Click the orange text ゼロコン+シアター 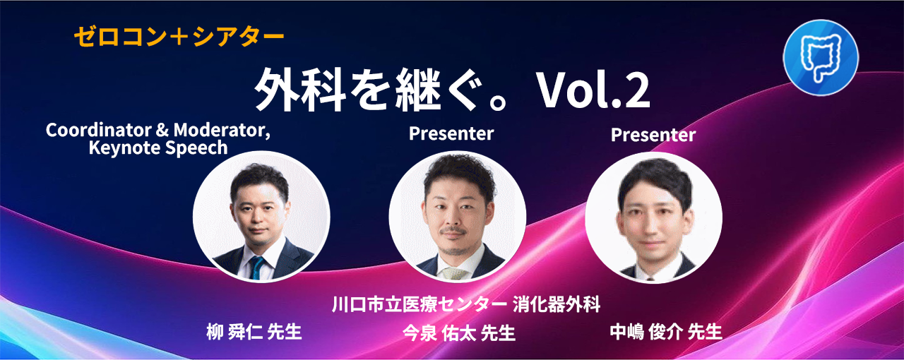(179, 37)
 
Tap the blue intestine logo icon (821, 57)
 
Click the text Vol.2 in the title (593, 91)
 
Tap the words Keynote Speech (158, 148)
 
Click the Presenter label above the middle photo (451, 133)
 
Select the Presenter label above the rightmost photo (653, 135)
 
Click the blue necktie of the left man (256, 267)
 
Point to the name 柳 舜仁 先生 (254, 332)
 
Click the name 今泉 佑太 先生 (459, 333)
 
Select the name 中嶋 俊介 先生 (666, 332)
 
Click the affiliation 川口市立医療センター (420, 304)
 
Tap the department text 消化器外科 (557, 304)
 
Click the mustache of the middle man (453, 231)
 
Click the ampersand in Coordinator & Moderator (162, 131)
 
